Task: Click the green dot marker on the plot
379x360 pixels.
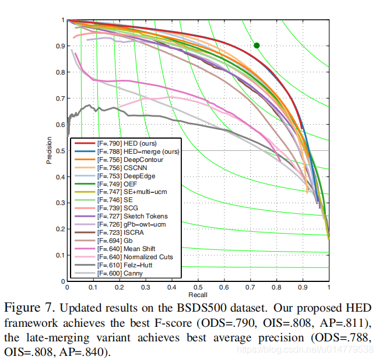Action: pyautogui.click(x=257, y=45)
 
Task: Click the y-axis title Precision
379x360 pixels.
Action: pyautogui.click(x=50, y=150)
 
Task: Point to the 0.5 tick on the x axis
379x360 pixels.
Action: pyautogui.click(x=198, y=288)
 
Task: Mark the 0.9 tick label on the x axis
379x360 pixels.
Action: pyautogui.click(x=303, y=288)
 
